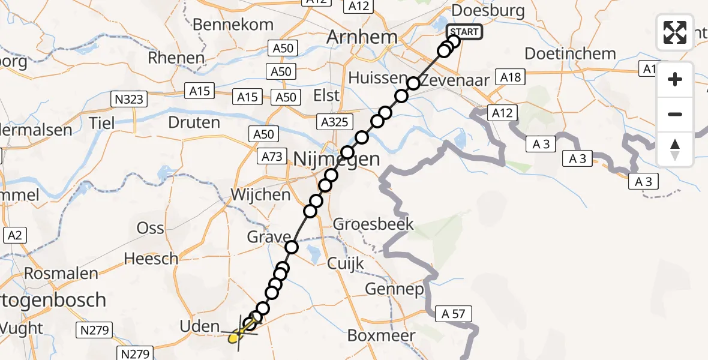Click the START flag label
[x=464, y=32]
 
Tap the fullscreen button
[x=675, y=32]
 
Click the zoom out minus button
[x=675, y=114]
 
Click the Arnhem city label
[x=362, y=37]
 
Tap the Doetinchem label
[x=570, y=53]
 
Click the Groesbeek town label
[x=373, y=224]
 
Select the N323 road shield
[x=129, y=99]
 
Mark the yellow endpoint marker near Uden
[x=235, y=338]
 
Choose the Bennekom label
[x=233, y=25]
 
